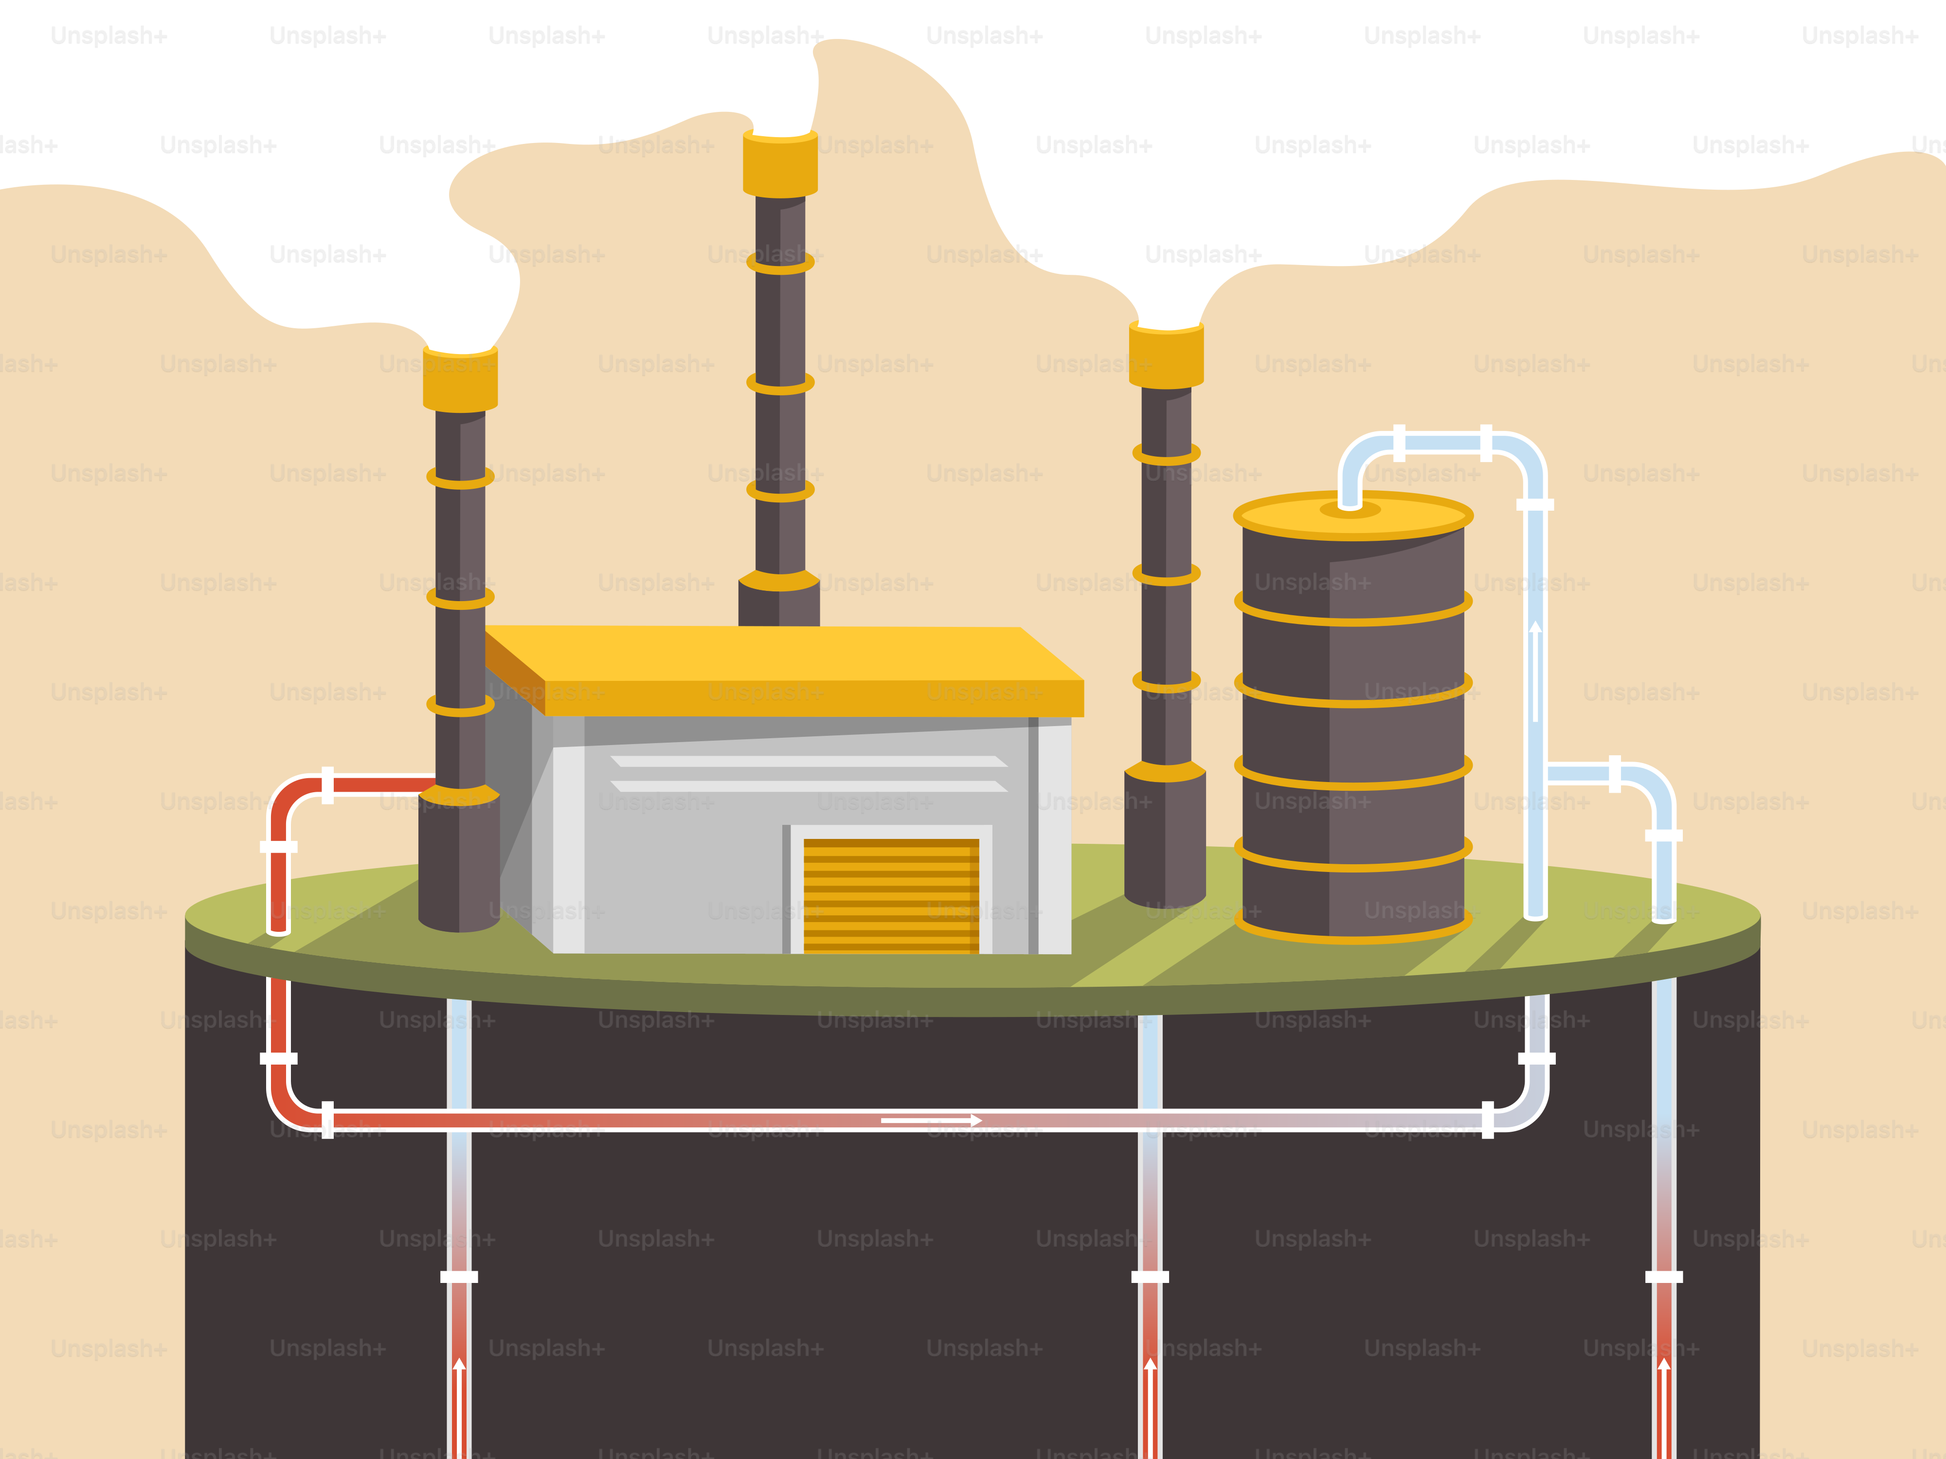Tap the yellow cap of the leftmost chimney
click(460, 379)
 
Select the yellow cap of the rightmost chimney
click(1167, 356)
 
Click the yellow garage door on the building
click(890, 895)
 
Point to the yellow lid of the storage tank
click(1353, 516)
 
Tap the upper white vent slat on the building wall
click(808, 761)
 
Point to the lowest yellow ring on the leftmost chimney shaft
click(460, 705)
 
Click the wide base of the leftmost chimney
click(459, 862)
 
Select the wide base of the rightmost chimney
click(1165, 836)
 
